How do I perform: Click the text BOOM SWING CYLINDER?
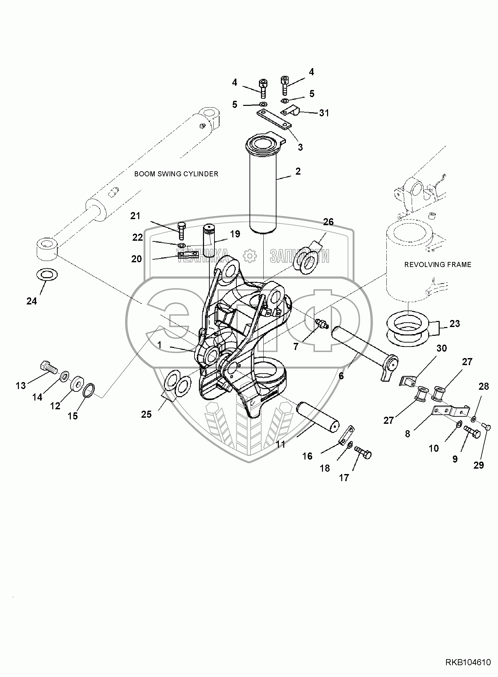coord(176,174)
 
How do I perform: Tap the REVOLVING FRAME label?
coord(438,265)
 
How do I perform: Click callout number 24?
coord(32,301)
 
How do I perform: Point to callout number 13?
coord(21,385)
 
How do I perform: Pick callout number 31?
coord(324,113)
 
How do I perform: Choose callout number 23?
coord(455,323)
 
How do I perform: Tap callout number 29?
coord(479,465)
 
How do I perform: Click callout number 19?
coord(235,234)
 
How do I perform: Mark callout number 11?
coord(281,445)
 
